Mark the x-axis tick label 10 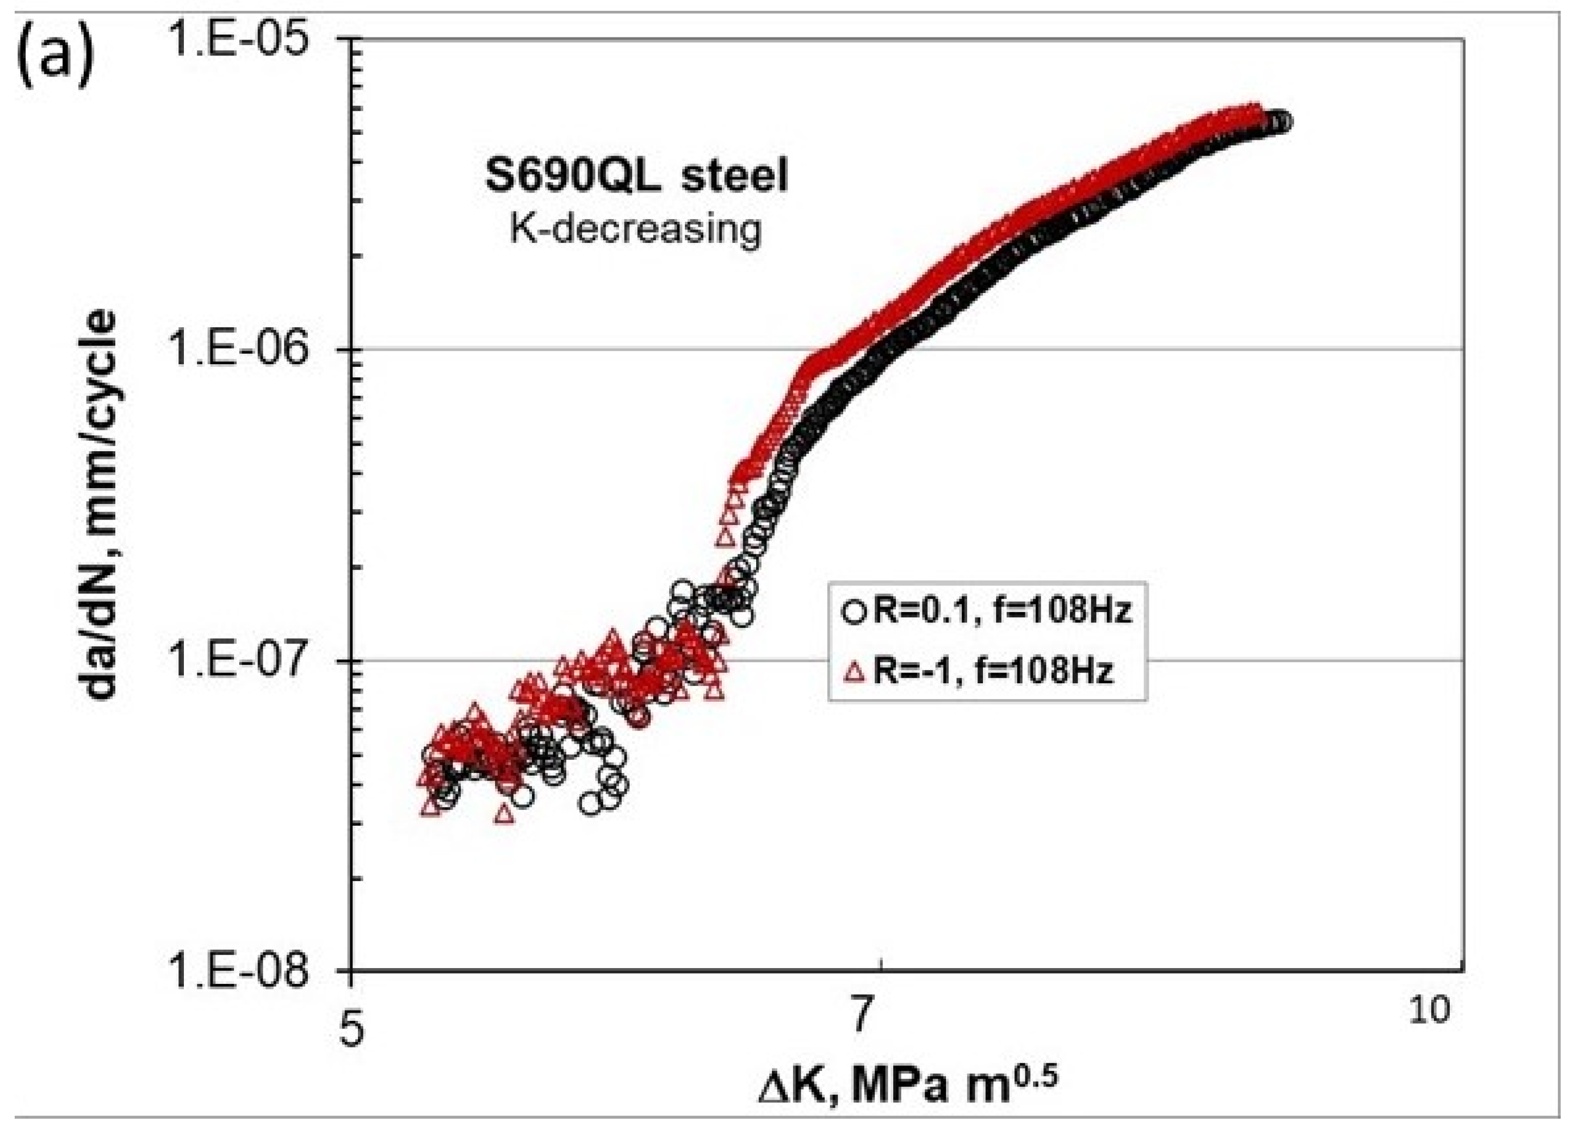pos(1427,1010)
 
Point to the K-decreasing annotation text pos(635,228)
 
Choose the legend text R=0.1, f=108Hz pos(1001,612)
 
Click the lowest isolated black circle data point pos(591,804)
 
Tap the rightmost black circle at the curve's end pos(1282,122)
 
